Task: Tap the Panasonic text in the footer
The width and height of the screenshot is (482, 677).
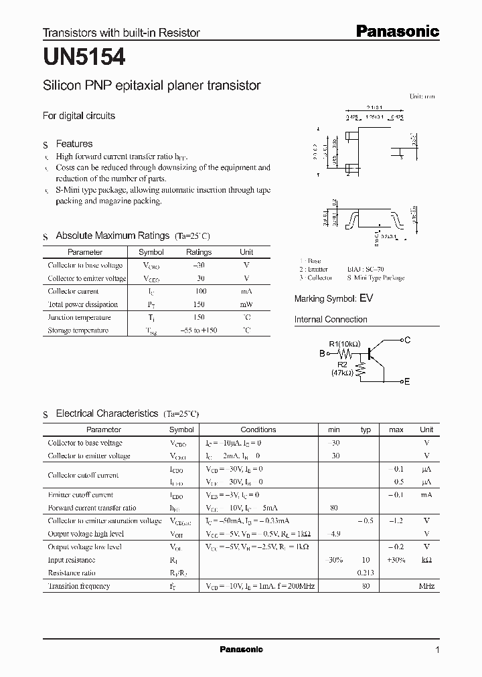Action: pos(242,650)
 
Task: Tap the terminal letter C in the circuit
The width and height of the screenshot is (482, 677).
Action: pos(407,341)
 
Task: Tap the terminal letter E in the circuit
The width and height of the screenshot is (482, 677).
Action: pos(406,381)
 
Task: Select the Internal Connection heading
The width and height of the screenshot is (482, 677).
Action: pos(331,320)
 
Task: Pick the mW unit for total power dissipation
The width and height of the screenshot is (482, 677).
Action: pos(246,304)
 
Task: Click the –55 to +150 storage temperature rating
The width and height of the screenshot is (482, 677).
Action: pos(199,330)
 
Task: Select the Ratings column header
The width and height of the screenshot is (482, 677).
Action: pos(199,252)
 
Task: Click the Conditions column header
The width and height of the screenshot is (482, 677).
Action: pos(258,429)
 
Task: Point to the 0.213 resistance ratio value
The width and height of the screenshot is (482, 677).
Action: pos(365,573)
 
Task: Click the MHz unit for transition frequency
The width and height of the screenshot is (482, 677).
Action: pos(426,586)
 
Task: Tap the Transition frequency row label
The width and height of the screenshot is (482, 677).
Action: pos(79,586)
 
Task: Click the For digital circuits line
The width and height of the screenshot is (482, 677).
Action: pos(79,116)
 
